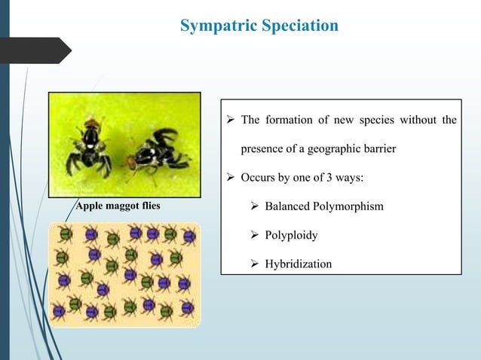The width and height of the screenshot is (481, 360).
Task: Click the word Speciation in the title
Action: (299, 26)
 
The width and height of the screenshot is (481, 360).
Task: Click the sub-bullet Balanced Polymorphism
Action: (323, 206)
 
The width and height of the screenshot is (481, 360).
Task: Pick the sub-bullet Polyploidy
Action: (291, 235)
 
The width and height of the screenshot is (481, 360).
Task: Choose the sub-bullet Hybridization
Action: (298, 264)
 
